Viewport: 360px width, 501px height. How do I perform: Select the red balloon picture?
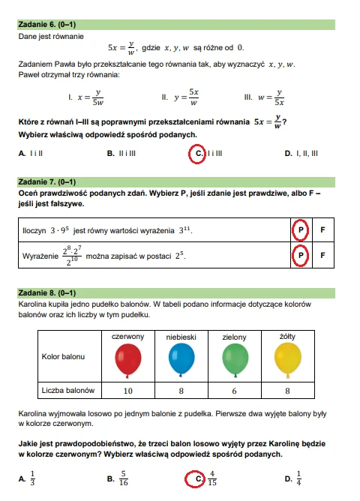tap(127, 361)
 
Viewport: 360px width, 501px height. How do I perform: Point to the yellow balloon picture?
tap(286, 361)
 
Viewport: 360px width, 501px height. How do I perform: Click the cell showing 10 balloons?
tap(127, 391)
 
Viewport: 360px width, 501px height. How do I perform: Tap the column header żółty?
tap(286, 337)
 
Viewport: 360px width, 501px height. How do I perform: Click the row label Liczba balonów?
tap(69, 391)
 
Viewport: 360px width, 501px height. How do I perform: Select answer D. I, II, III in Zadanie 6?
tap(301, 154)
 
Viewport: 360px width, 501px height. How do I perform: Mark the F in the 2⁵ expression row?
tap(322, 256)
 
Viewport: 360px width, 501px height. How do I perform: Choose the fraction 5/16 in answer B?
tap(124, 477)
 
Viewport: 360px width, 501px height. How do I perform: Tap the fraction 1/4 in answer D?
tap(298, 477)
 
